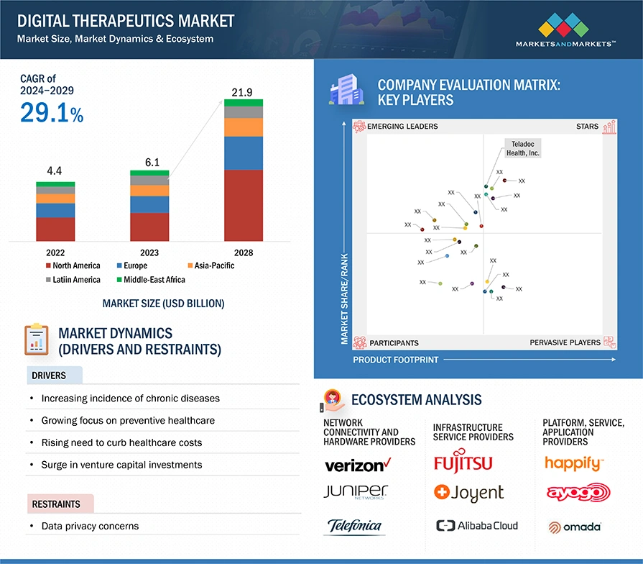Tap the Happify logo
(573, 463)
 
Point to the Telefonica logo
(355, 526)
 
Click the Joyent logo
(469, 493)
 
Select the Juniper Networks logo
(356, 493)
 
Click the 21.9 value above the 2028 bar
(242, 92)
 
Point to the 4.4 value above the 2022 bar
(55, 171)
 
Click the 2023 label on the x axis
(149, 253)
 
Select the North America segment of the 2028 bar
(243, 205)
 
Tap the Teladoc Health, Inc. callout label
(522, 147)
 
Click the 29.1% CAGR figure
(52, 112)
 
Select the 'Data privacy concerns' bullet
(90, 526)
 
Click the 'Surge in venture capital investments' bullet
(121, 465)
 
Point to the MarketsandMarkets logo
(565, 32)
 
